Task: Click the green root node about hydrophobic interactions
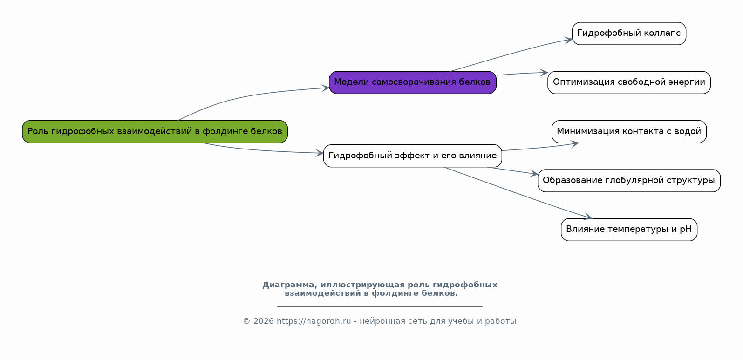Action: pyautogui.click(x=155, y=132)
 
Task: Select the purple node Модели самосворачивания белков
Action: pyautogui.click(x=413, y=82)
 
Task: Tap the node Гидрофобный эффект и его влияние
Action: pyautogui.click(x=413, y=156)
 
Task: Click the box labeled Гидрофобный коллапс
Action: pyautogui.click(x=629, y=34)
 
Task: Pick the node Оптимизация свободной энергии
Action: pyautogui.click(x=629, y=82)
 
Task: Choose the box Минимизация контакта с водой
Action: pyautogui.click(x=629, y=132)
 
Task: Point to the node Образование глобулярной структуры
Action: pyautogui.click(x=629, y=181)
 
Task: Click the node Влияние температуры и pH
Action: pyautogui.click(x=629, y=230)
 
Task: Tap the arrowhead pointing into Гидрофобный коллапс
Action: pyautogui.click(x=568, y=40)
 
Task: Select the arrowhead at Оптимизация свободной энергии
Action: pyautogui.click(x=544, y=73)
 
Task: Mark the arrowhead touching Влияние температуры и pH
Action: pyautogui.click(x=588, y=217)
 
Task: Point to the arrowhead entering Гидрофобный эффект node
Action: pyautogui.click(x=320, y=153)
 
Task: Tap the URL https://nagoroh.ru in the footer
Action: pyautogui.click(x=314, y=321)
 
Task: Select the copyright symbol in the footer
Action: pyautogui.click(x=246, y=321)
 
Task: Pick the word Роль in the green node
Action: pyautogui.click(x=38, y=132)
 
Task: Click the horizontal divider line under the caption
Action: pyautogui.click(x=380, y=306)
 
